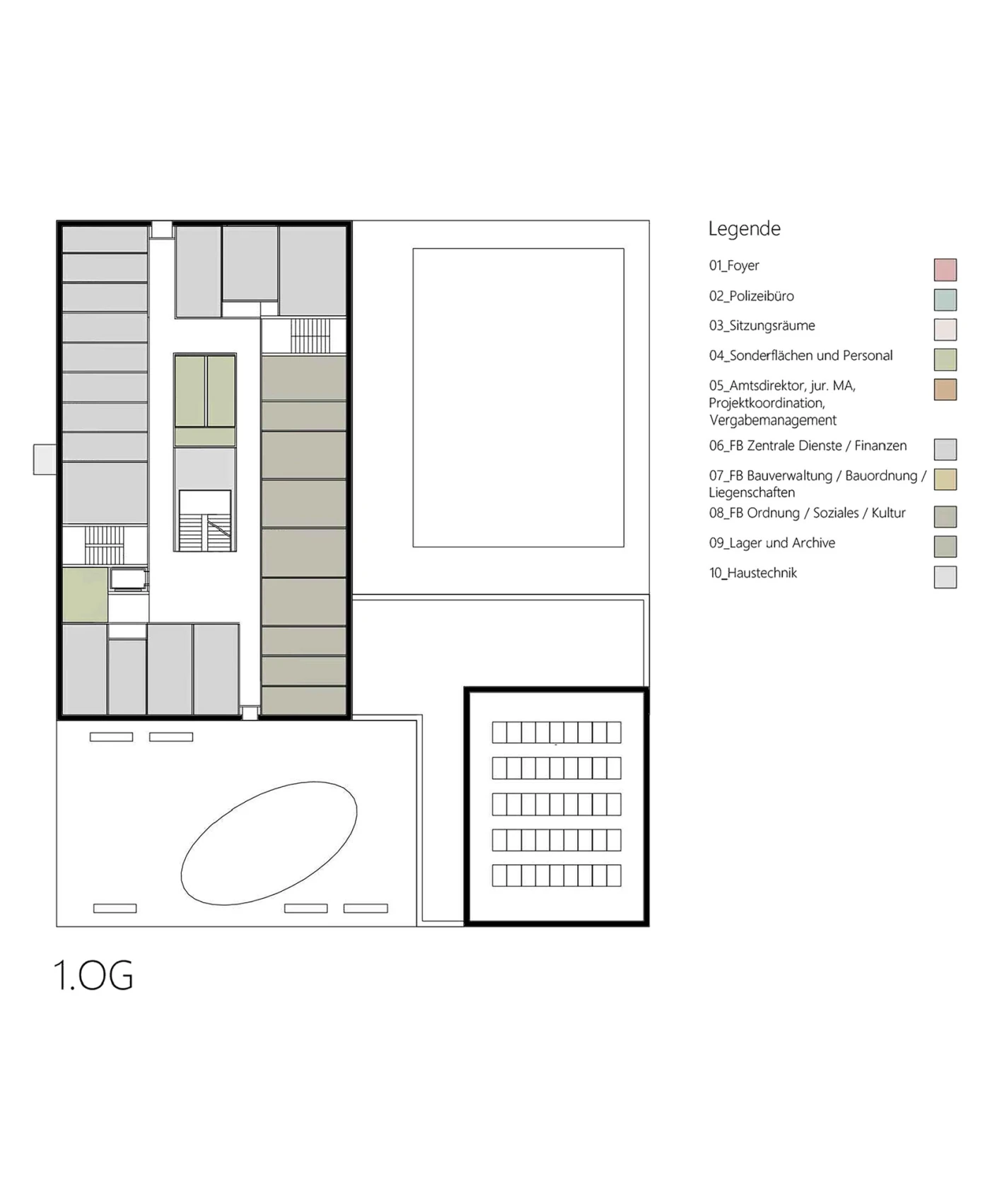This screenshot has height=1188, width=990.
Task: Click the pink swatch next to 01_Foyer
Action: tap(945, 269)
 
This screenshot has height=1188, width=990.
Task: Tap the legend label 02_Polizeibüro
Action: tap(751, 296)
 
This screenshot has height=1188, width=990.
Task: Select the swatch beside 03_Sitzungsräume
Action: tap(945, 330)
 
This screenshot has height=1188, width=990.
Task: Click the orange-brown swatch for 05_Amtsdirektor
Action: tap(945, 390)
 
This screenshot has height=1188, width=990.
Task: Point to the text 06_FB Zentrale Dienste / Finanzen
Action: tap(808, 445)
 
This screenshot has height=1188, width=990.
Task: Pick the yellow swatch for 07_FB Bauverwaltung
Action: tap(945, 479)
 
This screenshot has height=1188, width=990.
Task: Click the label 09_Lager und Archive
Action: tap(772, 542)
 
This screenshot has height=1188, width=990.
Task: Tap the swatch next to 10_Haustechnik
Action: tap(945, 577)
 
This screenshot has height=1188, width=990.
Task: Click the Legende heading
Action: tap(745, 228)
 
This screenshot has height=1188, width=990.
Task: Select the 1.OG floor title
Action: tap(93, 975)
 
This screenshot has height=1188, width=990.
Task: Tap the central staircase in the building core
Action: tap(205, 520)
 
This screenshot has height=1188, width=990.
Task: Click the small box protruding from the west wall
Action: tap(45, 459)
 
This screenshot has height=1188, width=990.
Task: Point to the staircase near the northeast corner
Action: tap(310, 335)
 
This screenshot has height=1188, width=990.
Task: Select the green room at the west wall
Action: tap(85, 595)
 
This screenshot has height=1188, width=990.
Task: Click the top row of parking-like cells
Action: tap(557, 732)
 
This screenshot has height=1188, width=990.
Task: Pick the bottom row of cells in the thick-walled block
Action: tap(557, 875)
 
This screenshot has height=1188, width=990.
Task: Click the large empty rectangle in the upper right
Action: tap(518, 397)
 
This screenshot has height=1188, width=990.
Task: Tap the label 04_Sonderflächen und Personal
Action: tap(800, 355)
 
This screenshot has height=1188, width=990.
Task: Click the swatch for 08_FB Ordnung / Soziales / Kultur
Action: tap(945, 517)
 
